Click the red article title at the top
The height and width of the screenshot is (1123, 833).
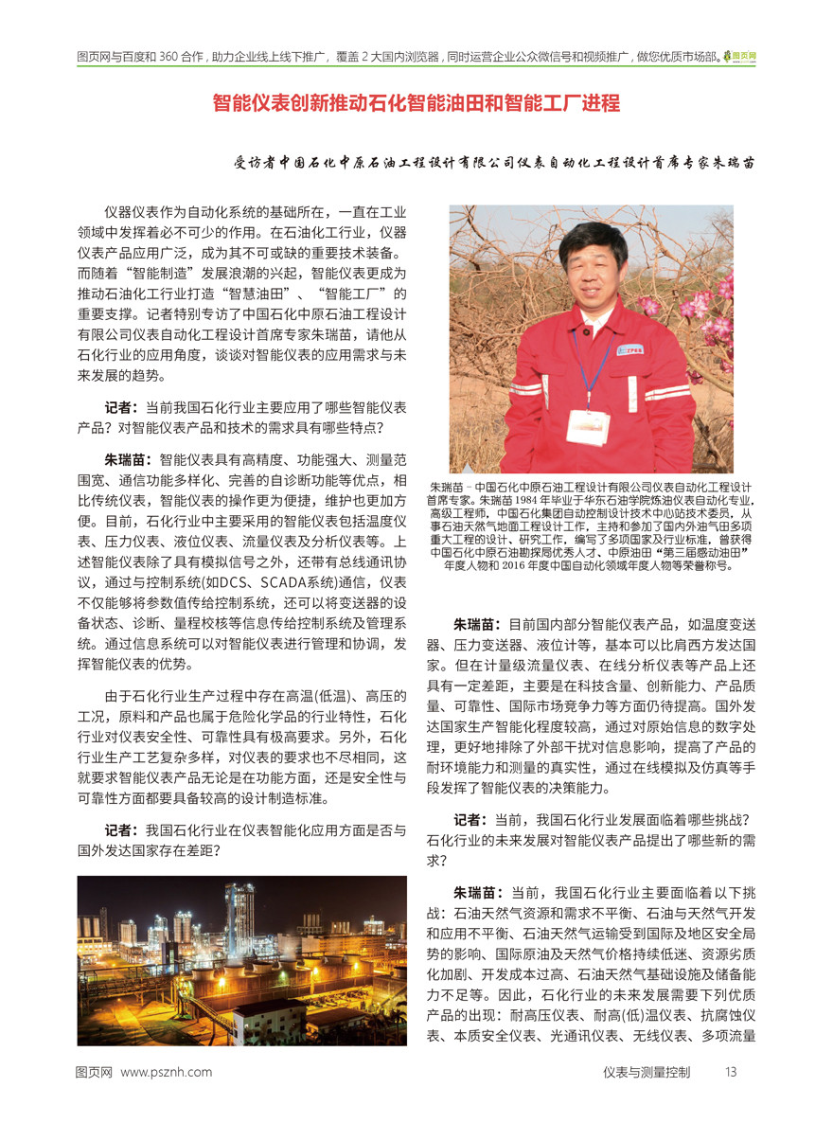(416, 103)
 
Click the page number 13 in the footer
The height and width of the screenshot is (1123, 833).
(730, 1072)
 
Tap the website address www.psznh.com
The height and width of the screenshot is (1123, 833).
(167, 1072)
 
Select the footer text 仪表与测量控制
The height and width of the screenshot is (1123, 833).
(647, 1072)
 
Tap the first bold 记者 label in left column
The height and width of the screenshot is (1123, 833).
(122, 407)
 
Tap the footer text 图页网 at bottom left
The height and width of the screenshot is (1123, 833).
(95, 1072)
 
